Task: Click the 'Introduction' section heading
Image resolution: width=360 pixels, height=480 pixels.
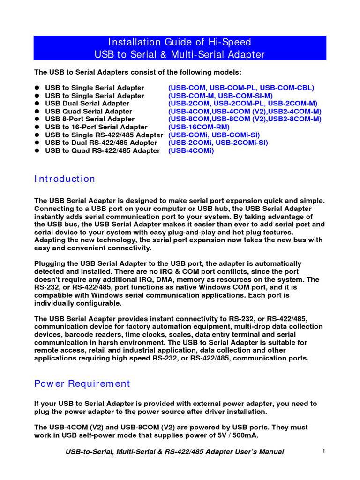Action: [x=65, y=179]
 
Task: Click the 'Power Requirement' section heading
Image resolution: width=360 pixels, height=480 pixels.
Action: [x=82, y=383]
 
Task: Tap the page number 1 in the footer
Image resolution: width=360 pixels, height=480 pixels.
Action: [x=324, y=451]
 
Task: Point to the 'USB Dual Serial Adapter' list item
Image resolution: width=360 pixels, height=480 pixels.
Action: [x=87, y=103]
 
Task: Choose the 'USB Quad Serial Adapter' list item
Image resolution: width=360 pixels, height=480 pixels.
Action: [x=89, y=112]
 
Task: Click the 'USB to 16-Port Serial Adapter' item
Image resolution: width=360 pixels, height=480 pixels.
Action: [x=96, y=127]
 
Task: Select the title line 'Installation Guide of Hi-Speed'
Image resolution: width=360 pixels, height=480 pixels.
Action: [x=180, y=42]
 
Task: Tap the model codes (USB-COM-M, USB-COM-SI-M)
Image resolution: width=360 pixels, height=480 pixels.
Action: [x=220, y=96]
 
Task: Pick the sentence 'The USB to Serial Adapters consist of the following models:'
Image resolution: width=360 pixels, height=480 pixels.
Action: [x=138, y=72]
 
